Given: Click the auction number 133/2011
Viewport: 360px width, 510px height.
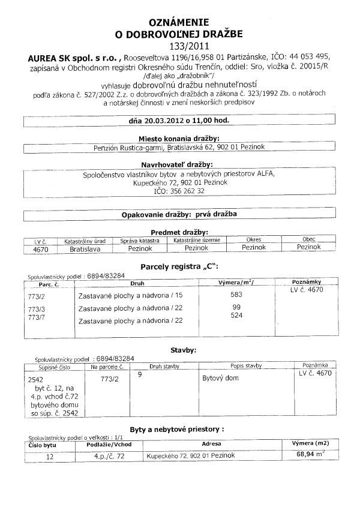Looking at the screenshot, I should [x=179, y=45].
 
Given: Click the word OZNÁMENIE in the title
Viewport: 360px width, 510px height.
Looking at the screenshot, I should [x=180, y=19].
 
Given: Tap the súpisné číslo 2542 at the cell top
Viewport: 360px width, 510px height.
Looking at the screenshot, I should [x=36, y=380].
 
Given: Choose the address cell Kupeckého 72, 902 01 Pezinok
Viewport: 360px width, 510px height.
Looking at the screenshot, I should [x=191, y=455].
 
